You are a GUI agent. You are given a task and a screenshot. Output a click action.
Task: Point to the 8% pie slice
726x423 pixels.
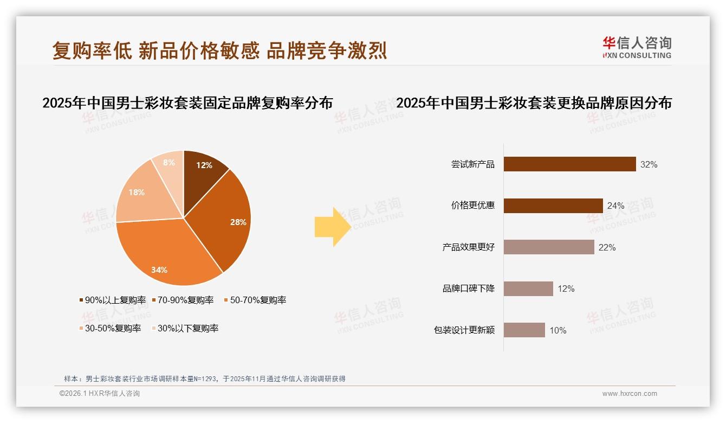(168, 163)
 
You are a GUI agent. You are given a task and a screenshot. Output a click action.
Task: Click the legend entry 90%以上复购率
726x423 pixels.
(113, 300)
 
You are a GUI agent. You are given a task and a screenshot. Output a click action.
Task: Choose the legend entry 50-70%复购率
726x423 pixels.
(255, 300)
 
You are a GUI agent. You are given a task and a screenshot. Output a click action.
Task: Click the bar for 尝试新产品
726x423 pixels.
(569, 164)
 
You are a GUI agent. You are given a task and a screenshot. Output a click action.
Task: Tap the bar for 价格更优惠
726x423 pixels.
(553, 206)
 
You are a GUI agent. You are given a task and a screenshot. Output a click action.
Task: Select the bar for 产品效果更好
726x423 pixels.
(549, 247)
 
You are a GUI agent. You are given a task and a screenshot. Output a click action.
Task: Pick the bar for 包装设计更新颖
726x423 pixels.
(524, 330)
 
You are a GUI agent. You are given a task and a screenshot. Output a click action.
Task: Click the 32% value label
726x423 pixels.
(649, 164)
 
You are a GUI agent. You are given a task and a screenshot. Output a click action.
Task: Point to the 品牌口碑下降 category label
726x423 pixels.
(468, 289)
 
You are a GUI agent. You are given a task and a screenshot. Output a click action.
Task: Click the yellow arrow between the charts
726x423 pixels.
(332, 227)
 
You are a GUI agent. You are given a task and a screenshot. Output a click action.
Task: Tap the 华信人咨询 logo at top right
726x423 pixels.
(636, 47)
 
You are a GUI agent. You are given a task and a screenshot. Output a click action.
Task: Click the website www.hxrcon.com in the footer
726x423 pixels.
(629, 394)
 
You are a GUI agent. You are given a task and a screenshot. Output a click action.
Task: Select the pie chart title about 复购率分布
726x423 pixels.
(187, 103)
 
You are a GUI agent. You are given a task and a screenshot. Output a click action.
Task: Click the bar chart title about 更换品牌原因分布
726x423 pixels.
(534, 103)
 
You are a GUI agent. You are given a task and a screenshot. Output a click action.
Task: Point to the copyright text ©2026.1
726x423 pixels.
(100, 394)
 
